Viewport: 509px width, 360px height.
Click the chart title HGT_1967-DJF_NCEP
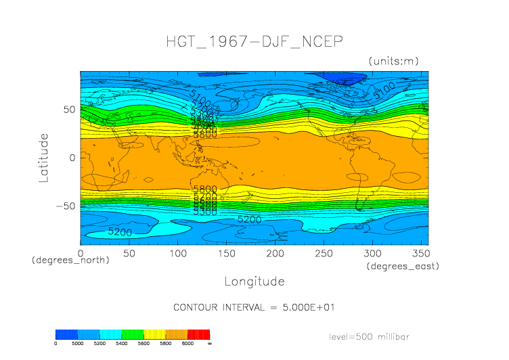(x=255, y=42)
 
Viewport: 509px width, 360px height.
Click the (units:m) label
(x=393, y=62)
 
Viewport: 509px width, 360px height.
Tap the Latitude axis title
(x=44, y=158)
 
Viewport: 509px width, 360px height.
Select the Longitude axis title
(x=255, y=281)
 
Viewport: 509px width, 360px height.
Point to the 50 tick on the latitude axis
(x=68, y=110)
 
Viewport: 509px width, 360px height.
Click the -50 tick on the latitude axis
(x=65, y=206)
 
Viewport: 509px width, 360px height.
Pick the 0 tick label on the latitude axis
(x=71, y=158)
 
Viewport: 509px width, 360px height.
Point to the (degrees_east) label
(x=403, y=267)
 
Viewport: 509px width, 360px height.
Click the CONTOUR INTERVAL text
(x=255, y=307)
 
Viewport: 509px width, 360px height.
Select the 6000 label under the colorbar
(x=187, y=344)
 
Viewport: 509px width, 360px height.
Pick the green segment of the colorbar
(x=132, y=334)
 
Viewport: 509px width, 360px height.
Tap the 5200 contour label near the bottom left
(x=120, y=232)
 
